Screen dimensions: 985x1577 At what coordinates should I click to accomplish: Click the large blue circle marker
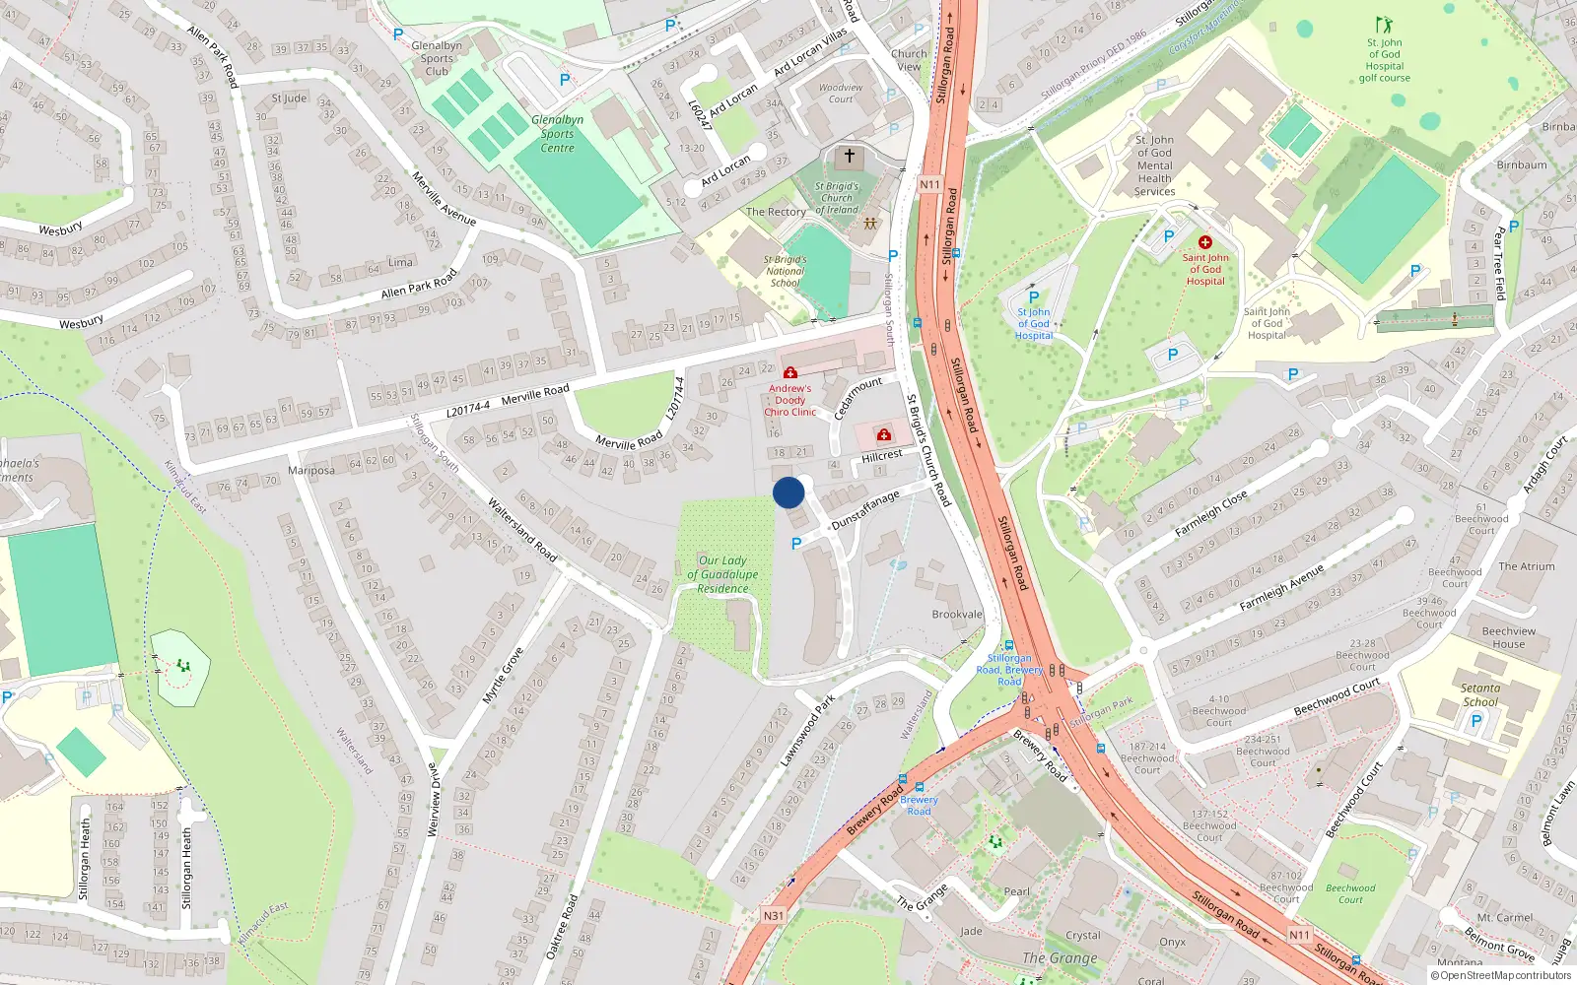tap(788, 492)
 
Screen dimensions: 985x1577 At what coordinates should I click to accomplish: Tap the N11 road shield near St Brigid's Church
tap(930, 184)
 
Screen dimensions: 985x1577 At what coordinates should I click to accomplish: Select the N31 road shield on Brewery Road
tap(774, 915)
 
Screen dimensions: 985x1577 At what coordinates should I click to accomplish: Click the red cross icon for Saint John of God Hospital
tap(1204, 242)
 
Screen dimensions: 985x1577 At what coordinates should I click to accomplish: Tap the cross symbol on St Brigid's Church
tap(849, 156)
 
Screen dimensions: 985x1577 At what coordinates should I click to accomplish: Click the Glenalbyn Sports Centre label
tap(557, 134)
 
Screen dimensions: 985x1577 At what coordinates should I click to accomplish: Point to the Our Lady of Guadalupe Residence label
tap(722, 574)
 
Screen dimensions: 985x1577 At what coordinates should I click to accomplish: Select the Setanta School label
tap(1480, 695)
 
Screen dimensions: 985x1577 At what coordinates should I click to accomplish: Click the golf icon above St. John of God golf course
tap(1384, 25)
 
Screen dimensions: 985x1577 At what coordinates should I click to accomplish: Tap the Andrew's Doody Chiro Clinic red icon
tap(789, 372)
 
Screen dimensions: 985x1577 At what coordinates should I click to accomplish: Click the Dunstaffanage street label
tap(865, 510)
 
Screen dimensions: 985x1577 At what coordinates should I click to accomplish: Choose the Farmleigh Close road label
tap(1210, 513)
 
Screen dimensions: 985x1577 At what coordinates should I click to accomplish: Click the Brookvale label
tap(957, 614)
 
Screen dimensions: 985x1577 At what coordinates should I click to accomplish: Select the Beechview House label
tap(1508, 637)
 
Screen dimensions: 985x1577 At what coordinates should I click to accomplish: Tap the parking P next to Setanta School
tap(1475, 721)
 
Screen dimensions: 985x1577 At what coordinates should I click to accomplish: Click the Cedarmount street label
tap(857, 398)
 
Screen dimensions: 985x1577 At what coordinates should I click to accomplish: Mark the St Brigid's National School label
tap(785, 271)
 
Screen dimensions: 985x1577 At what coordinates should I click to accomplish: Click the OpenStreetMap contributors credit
tap(1500, 975)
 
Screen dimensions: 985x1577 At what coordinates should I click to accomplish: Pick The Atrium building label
tap(1526, 566)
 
